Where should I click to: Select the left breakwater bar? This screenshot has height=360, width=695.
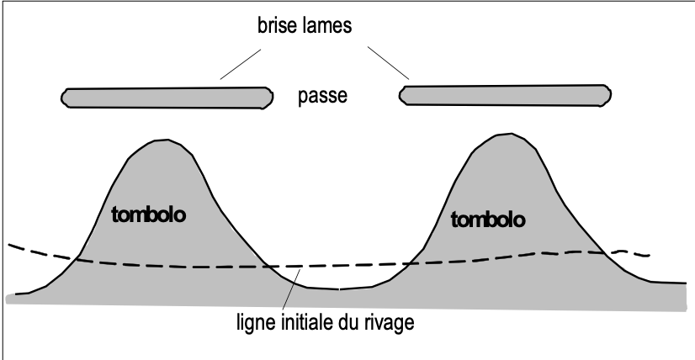167,97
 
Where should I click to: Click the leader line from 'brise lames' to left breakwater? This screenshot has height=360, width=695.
242,62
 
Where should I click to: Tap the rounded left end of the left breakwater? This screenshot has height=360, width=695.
65,98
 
